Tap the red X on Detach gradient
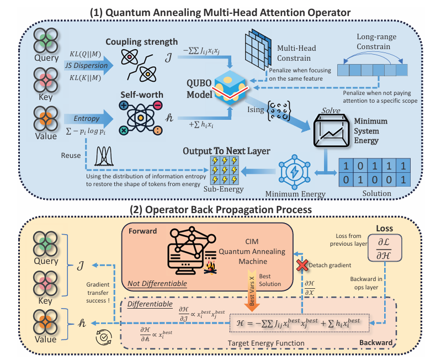click(x=302, y=265)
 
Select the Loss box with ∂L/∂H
click(x=385, y=248)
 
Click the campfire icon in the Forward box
click(x=210, y=267)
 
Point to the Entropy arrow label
click(x=86, y=118)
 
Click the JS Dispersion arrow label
click(x=86, y=66)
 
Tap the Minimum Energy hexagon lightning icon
click(x=295, y=172)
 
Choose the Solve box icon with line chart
click(x=331, y=131)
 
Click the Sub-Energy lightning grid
click(x=225, y=170)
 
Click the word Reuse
click(x=71, y=156)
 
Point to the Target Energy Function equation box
click(x=299, y=323)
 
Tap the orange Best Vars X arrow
click(x=252, y=290)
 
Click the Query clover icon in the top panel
click(x=46, y=40)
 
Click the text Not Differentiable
click(x=157, y=283)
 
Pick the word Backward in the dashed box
click(x=376, y=342)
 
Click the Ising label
click(x=256, y=109)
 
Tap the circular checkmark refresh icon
click(x=104, y=337)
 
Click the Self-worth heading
click(x=142, y=95)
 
